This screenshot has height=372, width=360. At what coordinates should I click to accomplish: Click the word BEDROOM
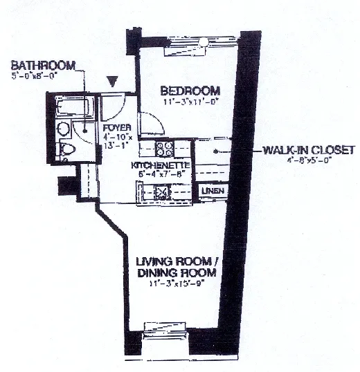[x=190, y=91]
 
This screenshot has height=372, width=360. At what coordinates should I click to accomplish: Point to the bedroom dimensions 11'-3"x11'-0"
[x=190, y=102]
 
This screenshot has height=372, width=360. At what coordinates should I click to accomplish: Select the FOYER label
[x=114, y=127]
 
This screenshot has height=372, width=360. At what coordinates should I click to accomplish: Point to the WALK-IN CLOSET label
[x=309, y=149]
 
